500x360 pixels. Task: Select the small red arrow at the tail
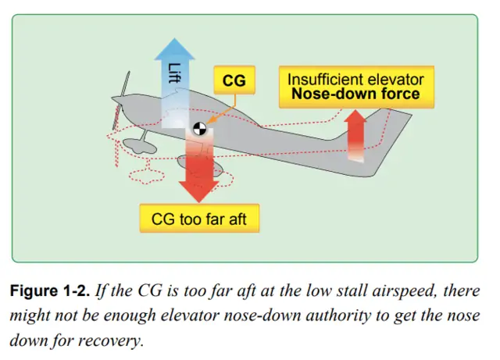(x=357, y=134)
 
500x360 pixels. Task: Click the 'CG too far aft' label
(x=198, y=218)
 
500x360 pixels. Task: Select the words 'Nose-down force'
(x=355, y=95)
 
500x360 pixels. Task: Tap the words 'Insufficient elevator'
(x=355, y=80)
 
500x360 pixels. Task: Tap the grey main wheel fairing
(x=194, y=162)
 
